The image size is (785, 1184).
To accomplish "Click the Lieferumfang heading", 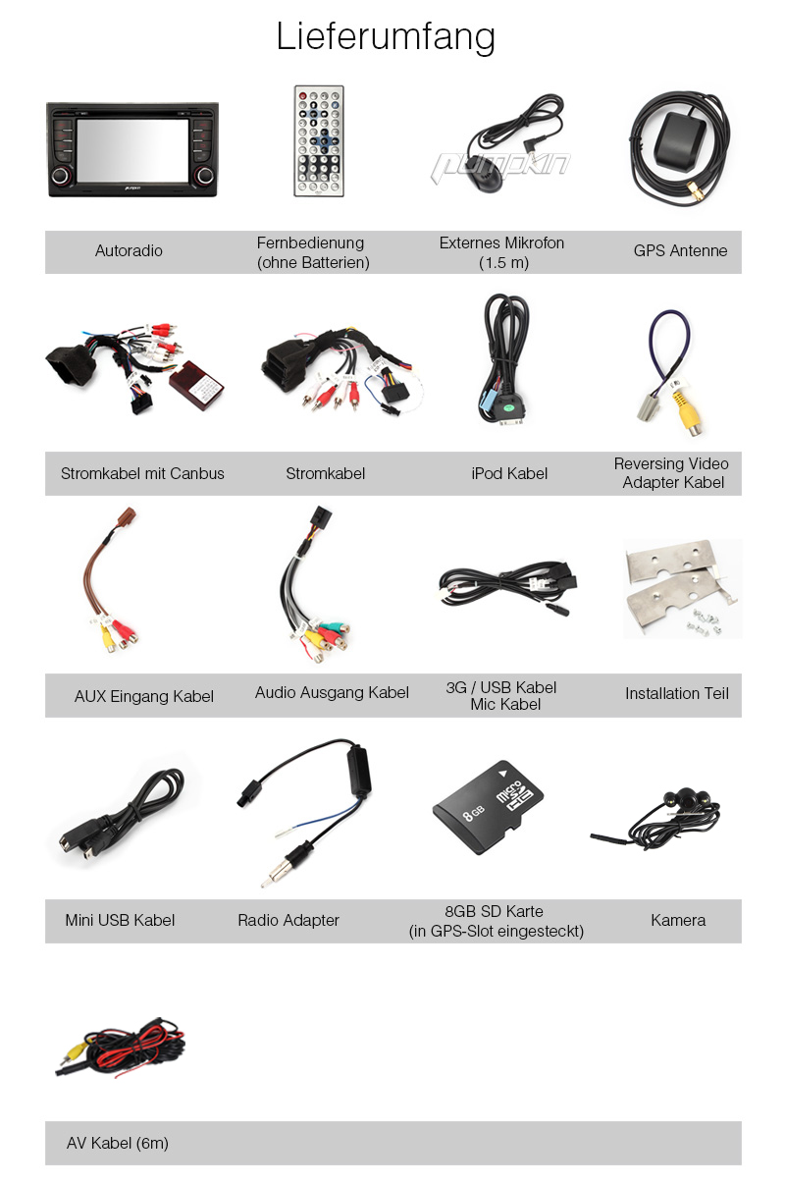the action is (386, 37).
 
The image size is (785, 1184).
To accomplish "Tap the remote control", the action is (319, 141).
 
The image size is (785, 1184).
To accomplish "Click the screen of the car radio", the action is (132, 150).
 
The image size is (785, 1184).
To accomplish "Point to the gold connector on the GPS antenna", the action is (696, 191).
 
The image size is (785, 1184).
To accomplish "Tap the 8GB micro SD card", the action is (489, 807).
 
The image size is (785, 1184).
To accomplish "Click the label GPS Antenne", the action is (680, 250).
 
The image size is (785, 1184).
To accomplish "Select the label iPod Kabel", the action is (509, 473).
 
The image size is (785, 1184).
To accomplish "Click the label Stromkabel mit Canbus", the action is (142, 473).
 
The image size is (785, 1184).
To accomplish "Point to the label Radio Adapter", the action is (288, 920).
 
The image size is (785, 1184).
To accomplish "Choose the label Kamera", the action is (678, 920).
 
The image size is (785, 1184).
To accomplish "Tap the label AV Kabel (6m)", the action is (118, 1144).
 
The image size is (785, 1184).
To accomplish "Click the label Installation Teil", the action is (677, 693).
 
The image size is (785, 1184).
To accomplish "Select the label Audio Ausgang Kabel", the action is (332, 692).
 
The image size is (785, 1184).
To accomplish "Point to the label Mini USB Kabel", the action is (120, 920).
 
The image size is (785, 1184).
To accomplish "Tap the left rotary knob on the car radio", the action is (61, 176).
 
